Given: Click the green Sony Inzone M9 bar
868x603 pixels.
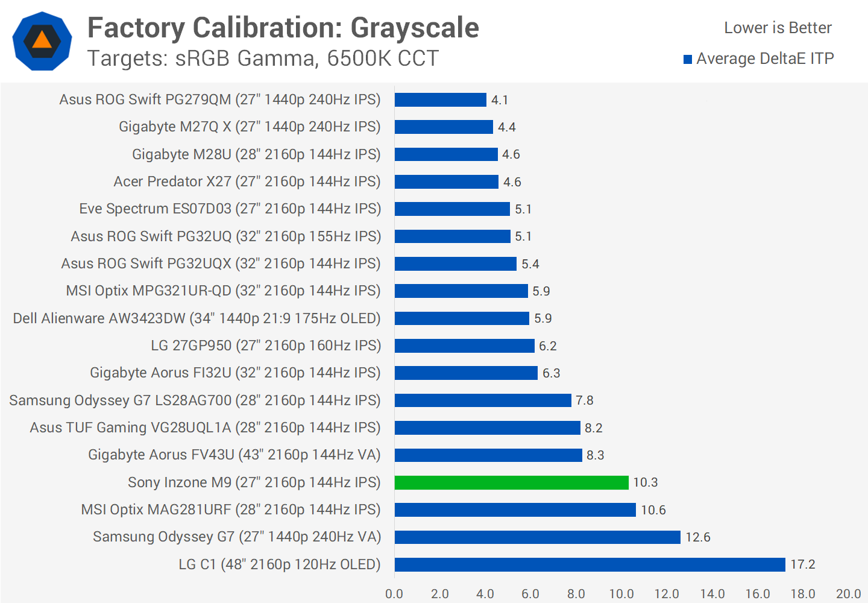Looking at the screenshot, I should click(x=511, y=482).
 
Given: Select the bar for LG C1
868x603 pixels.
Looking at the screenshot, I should click(x=590, y=564).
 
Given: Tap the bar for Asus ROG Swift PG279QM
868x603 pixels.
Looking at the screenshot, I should click(x=440, y=99).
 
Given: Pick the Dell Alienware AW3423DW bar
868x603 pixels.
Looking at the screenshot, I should click(x=462, y=318).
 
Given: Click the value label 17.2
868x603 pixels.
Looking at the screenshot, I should click(x=802, y=564).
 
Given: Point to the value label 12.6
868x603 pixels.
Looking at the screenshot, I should click(x=697, y=537).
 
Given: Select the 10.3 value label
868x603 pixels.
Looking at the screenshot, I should click(x=645, y=482).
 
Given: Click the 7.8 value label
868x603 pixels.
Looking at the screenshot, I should click(x=584, y=400).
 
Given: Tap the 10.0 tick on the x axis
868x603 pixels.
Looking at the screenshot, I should click(x=621, y=594).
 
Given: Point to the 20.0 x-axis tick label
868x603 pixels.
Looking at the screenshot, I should click(x=848, y=594).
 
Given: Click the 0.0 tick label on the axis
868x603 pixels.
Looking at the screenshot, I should click(x=394, y=594).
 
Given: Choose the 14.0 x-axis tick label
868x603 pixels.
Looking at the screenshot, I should click(x=712, y=594).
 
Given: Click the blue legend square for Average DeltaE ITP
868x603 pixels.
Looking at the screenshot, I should click(x=688, y=59).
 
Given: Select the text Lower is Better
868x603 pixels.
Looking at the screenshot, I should click(x=778, y=28).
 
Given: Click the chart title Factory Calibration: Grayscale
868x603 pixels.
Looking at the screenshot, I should click(x=283, y=28).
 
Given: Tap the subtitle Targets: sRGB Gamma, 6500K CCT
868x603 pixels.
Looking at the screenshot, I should click(x=263, y=58).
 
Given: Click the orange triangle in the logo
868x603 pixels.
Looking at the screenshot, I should click(x=42, y=40).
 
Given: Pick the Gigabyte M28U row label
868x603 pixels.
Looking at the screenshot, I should click(x=256, y=154).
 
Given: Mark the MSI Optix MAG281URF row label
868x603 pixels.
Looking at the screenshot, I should click(x=231, y=510).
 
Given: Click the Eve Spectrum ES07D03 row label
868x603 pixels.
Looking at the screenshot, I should click(x=230, y=209).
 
